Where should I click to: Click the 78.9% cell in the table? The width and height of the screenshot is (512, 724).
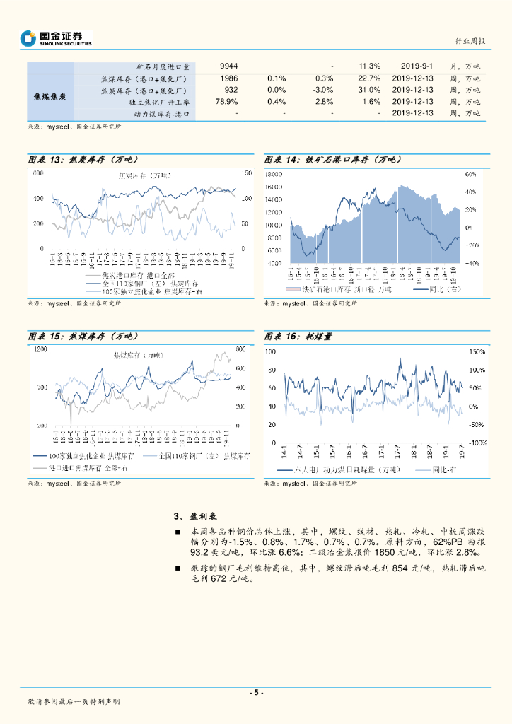pos(227,102)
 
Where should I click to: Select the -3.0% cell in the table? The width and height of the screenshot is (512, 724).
pos(323,90)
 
